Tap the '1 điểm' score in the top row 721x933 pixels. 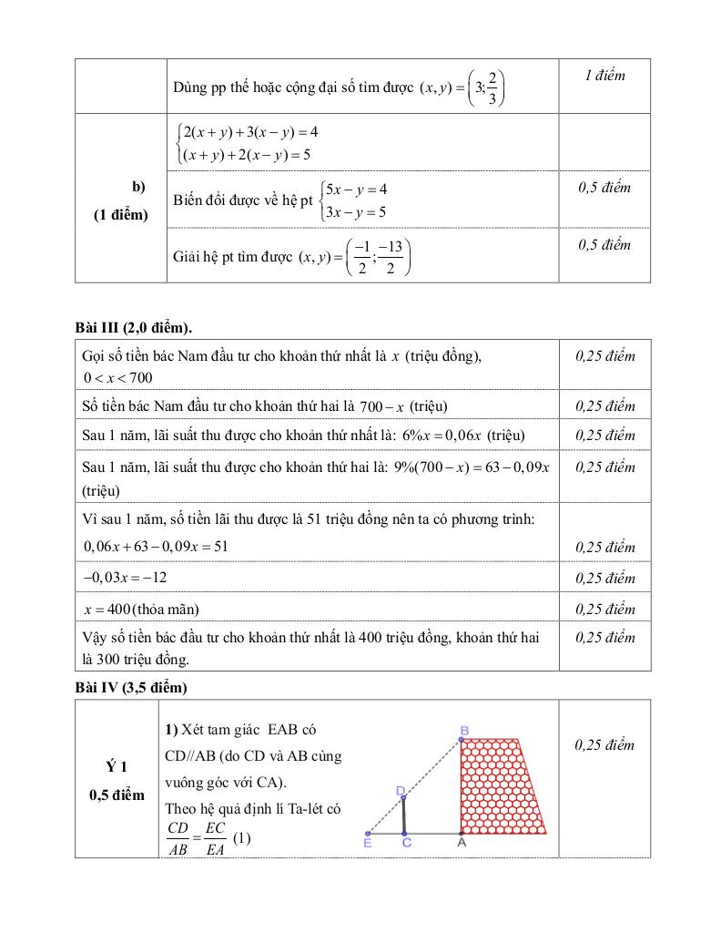(604, 76)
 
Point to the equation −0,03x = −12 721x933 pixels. (125, 578)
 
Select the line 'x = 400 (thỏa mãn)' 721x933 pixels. (140, 609)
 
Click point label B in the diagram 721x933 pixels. (464, 730)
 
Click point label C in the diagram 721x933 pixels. (407, 845)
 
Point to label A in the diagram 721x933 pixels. (461, 845)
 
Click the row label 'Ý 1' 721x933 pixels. (117, 767)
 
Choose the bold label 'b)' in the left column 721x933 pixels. (138, 187)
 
